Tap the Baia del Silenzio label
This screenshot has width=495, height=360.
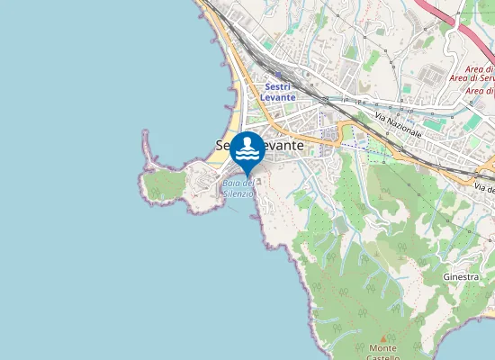238,189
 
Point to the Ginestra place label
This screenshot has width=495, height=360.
461,276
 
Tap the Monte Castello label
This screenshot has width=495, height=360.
383,353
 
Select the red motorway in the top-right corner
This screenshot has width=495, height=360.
459,22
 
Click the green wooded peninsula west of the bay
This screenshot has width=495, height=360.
162,184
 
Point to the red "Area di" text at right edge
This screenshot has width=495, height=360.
479,70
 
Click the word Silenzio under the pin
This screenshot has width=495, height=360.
238,194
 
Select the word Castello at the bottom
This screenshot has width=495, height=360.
384,357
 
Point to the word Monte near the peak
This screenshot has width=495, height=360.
383,348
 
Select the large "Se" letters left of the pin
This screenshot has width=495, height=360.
224,144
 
